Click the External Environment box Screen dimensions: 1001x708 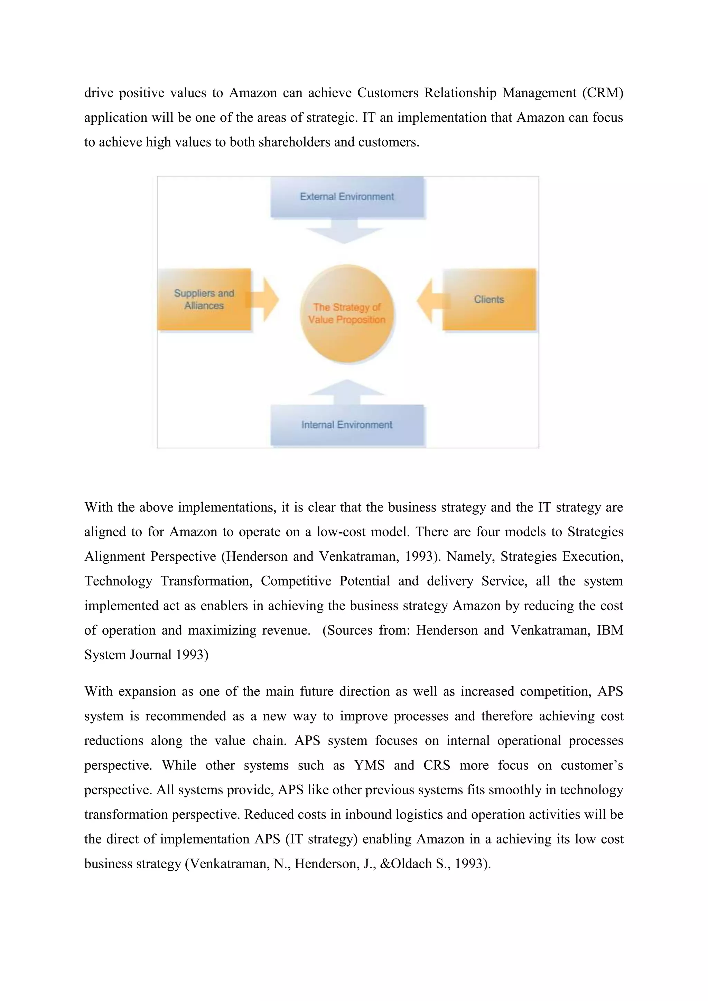click(x=347, y=197)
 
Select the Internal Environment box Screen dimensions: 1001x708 click(x=347, y=425)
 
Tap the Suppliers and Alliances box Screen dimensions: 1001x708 click(x=204, y=300)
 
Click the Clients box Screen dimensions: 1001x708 click(x=489, y=300)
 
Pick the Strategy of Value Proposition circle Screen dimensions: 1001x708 click(x=347, y=314)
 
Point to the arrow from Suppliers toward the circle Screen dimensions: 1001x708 click(x=266, y=300)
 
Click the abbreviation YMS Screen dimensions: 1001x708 click(x=369, y=765)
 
